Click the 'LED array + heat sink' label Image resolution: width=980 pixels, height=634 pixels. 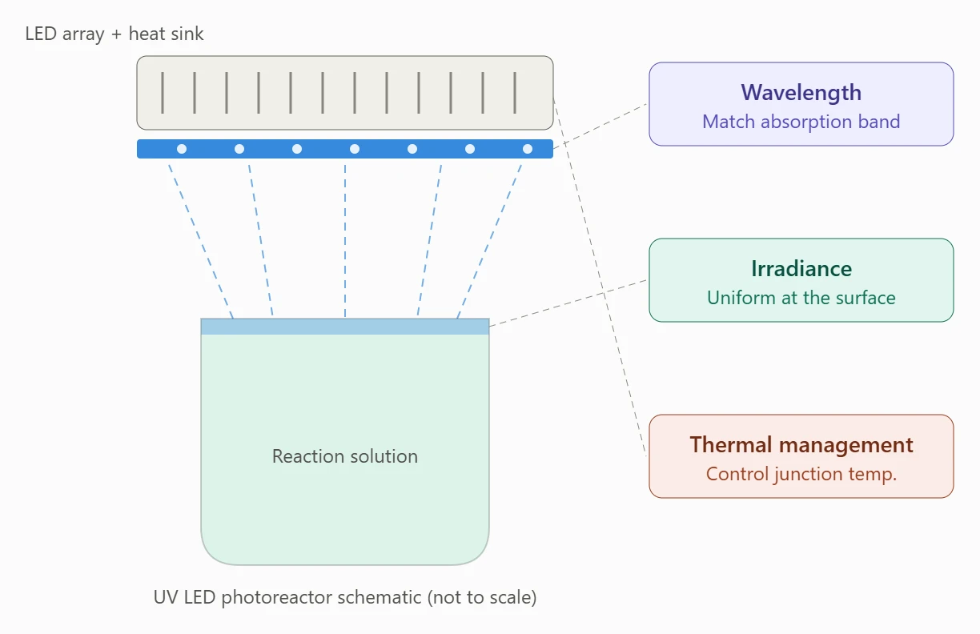click(x=114, y=34)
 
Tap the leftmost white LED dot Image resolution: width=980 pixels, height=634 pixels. click(x=182, y=149)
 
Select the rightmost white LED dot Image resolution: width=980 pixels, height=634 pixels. click(x=528, y=149)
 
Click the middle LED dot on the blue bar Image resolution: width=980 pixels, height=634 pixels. click(x=355, y=149)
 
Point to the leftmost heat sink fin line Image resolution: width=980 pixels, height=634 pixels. click(x=163, y=93)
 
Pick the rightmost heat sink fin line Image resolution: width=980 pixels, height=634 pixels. click(x=515, y=93)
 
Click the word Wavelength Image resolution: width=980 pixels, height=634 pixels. click(x=801, y=92)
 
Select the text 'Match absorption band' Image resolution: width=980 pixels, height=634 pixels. click(x=801, y=122)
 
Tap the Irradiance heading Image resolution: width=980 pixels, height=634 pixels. click(x=801, y=269)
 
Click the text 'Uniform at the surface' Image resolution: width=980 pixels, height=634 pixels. click(x=801, y=298)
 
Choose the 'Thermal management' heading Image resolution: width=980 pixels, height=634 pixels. click(x=801, y=444)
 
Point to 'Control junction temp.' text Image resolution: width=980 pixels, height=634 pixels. click(x=801, y=474)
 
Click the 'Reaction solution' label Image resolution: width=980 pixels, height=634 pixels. click(x=345, y=456)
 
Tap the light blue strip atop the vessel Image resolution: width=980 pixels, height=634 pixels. click(x=345, y=327)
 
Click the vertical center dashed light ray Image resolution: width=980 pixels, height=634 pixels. click(x=345, y=241)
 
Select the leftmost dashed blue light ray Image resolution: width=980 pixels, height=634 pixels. click(x=201, y=242)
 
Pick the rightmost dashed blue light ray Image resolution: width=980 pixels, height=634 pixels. click(x=489, y=242)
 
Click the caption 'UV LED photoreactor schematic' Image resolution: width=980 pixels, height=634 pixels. click(x=287, y=597)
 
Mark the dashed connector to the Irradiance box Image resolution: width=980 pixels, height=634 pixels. click(x=568, y=303)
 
